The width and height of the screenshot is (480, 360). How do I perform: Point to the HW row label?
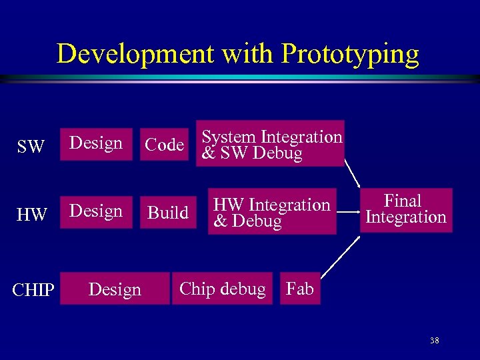(31, 215)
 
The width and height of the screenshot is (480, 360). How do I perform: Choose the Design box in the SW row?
(96, 144)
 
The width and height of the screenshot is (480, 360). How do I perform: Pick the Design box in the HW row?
(96, 212)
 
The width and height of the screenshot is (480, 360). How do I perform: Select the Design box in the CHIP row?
(115, 289)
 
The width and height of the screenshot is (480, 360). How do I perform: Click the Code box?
(165, 145)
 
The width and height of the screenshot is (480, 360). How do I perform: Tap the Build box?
(168, 213)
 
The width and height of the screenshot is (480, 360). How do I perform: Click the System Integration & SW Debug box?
(271, 144)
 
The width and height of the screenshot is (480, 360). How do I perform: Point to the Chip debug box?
(223, 289)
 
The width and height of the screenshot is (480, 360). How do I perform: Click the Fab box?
(300, 289)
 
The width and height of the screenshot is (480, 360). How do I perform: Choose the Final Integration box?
(406, 210)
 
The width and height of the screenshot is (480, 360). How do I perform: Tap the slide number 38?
(434, 341)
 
